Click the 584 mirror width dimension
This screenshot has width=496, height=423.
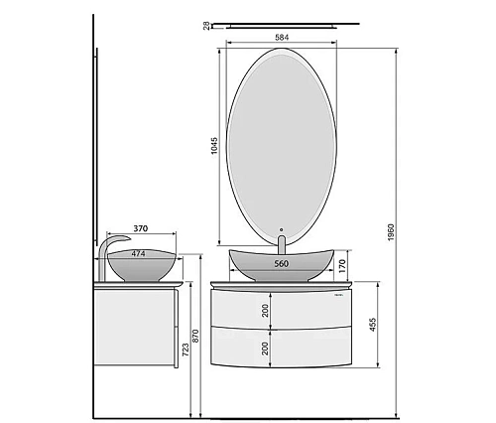click(x=282, y=38)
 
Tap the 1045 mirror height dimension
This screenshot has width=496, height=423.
click(x=214, y=146)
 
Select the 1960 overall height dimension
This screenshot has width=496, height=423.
click(x=391, y=232)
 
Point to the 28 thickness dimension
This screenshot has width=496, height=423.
click(x=206, y=26)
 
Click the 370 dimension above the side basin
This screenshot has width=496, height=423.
click(x=141, y=228)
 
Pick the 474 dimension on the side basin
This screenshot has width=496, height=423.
click(x=138, y=254)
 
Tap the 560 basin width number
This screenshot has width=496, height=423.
click(x=282, y=264)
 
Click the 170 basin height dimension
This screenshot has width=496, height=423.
click(x=342, y=266)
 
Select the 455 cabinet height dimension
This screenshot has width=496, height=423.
click(x=373, y=325)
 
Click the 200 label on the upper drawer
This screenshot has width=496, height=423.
click(x=265, y=311)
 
